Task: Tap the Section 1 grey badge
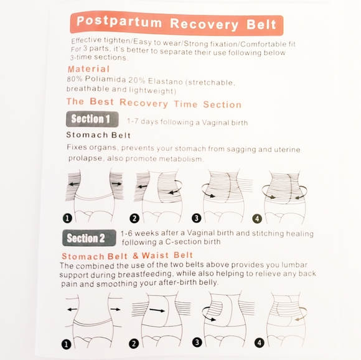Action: pyautogui.click(x=91, y=119)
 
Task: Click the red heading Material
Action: pyautogui.click(x=88, y=69)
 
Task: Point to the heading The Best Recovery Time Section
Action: pyautogui.click(x=154, y=103)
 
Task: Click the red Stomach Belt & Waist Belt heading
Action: pyautogui.click(x=126, y=255)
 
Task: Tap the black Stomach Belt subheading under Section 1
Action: pyautogui.click(x=99, y=134)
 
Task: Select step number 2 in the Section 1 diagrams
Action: pyautogui.click(x=134, y=218)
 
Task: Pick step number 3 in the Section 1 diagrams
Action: pyautogui.click(x=197, y=218)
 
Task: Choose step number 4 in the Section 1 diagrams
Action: pyautogui.click(x=256, y=218)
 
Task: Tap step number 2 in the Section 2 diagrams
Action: pyautogui.click(x=133, y=343)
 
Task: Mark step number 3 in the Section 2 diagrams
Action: pyautogui.click(x=197, y=341)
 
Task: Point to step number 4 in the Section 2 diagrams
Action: pyautogui.click(x=260, y=342)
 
